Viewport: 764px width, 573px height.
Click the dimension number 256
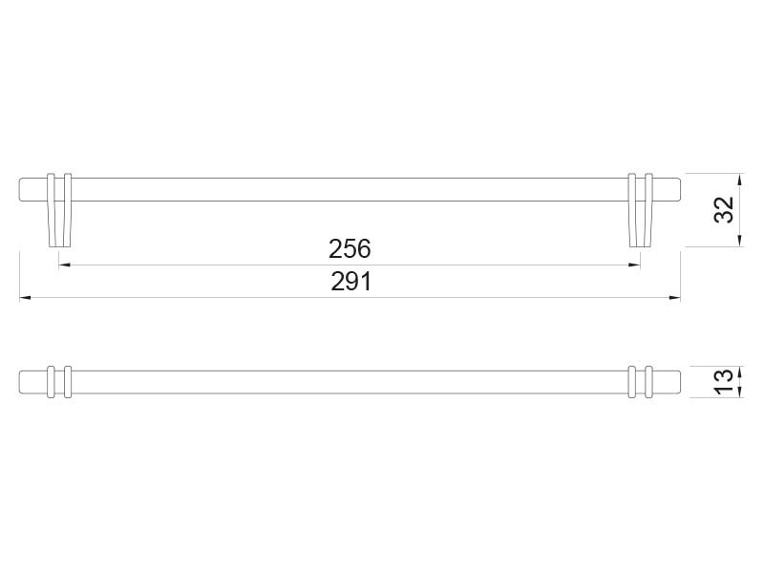[350, 249]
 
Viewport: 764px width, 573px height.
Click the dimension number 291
[350, 282]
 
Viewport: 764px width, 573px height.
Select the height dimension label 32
[724, 210]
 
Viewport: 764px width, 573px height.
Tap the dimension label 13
[725, 382]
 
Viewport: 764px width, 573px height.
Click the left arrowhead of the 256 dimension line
[64, 265]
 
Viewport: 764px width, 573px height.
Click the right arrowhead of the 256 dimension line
[634, 265]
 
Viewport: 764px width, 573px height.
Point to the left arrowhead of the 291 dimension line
[26, 298]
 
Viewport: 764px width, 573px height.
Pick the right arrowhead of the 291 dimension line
[674, 298]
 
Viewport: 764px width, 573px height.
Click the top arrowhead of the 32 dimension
[739, 180]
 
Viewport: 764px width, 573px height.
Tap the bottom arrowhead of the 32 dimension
[739, 241]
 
